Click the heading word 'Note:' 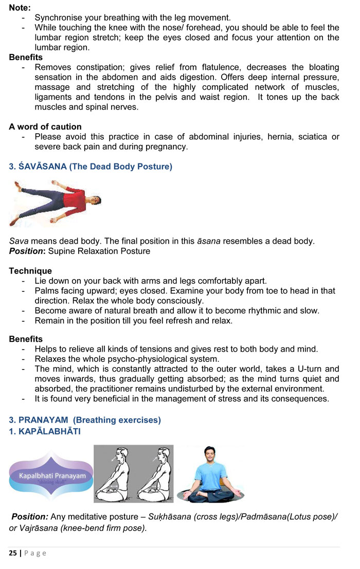click(x=20, y=8)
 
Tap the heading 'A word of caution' click(x=45, y=126)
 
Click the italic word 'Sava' click(x=19, y=241)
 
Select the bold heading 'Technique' click(x=30, y=271)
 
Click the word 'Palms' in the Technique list click(x=47, y=291)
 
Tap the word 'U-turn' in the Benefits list click(x=308, y=369)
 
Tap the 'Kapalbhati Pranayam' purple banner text click(x=51, y=476)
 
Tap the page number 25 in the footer click(x=13, y=553)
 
